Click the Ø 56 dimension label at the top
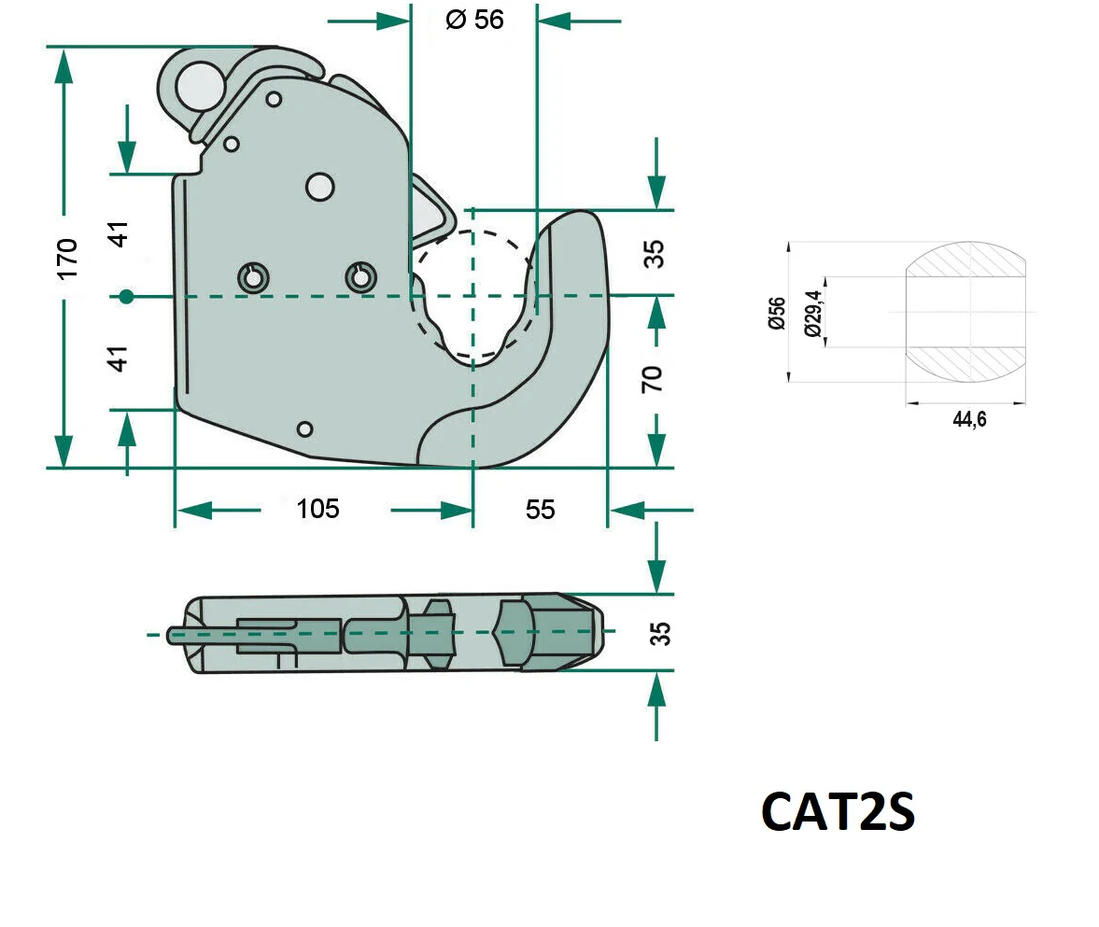(474, 20)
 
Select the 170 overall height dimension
(67, 259)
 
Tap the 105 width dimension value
(317, 509)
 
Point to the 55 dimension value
(540, 509)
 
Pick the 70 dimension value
(654, 378)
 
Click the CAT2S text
(838, 812)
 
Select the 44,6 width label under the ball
(969, 420)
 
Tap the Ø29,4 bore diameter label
(812, 313)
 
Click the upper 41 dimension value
(119, 233)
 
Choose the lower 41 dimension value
(119, 358)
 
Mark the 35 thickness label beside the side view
(659, 633)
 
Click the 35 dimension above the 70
(656, 254)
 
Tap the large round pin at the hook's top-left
(201, 86)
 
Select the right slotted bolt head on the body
(359, 276)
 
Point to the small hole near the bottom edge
(303, 428)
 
